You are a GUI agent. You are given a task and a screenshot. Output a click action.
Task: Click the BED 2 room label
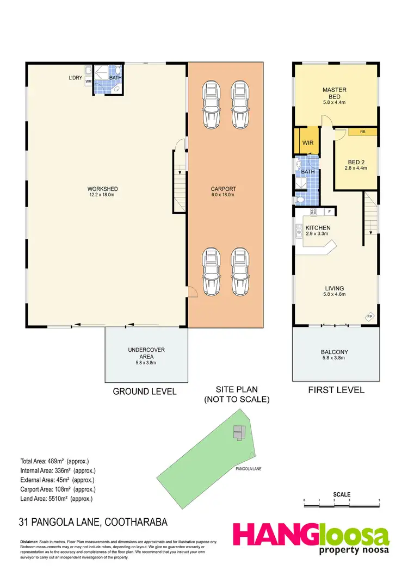[x=356, y=165]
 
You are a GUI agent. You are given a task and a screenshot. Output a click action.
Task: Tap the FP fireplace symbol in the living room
[x=369, y=317]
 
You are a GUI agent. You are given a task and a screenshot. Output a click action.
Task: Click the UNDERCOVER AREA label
[x=146, y=353]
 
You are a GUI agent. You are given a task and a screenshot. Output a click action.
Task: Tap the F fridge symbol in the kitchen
[x=329, y=211]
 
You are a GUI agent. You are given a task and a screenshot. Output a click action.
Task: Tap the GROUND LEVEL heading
[x=145, y=391]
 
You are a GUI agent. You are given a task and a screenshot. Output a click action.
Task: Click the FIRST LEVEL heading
[x=335, y=390]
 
